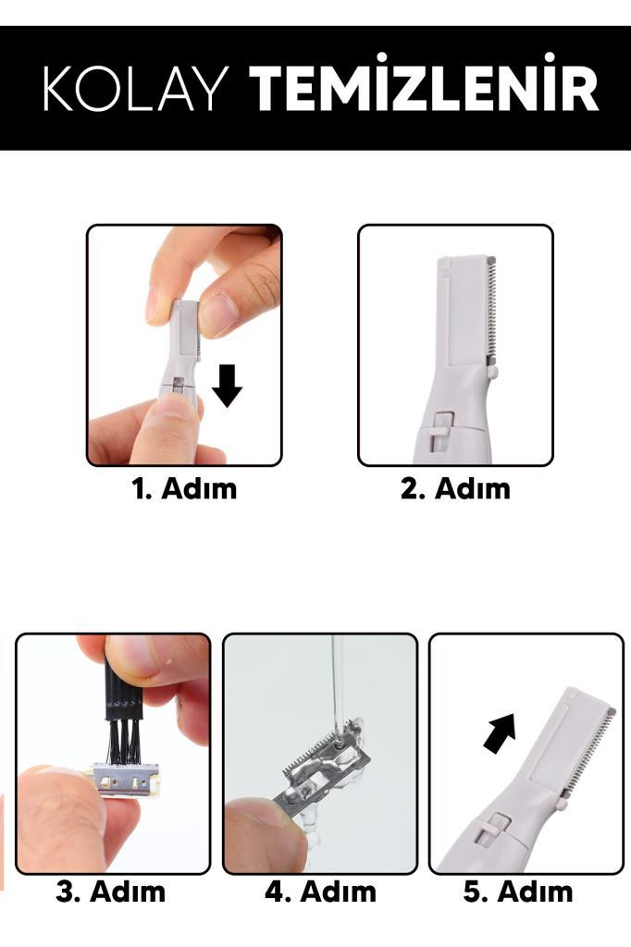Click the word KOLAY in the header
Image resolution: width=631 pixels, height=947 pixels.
coord(136,88)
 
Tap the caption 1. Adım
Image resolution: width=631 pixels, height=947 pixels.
coord(184,488)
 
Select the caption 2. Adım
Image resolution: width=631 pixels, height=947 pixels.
coord(455,488)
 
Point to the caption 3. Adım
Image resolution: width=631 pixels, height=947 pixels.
coord(111,892)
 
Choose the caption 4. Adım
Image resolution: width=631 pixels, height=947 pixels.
coord(320,892)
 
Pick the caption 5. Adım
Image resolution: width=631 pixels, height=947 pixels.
coord(518,892)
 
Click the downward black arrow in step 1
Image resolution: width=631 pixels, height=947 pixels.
coord(228,386)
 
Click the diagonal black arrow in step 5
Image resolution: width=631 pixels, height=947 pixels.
coord(501,732)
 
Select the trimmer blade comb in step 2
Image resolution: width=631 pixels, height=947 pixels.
coord(490,310)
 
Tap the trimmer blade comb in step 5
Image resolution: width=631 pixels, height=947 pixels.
coord(589,754)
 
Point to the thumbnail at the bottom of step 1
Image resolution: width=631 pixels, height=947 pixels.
coord(175,412)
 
